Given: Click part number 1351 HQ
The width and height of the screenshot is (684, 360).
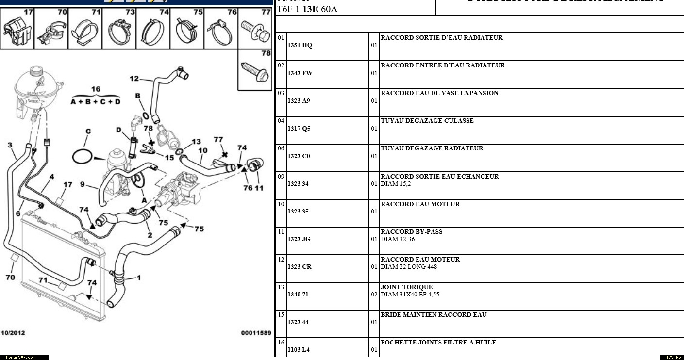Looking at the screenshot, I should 300,45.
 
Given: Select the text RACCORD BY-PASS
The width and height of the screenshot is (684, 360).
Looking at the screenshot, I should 411,232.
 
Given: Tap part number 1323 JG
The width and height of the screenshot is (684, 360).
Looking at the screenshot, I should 299,239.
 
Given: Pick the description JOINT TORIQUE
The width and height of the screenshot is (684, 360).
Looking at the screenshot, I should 406,287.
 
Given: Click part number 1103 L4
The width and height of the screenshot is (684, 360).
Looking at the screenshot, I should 298,350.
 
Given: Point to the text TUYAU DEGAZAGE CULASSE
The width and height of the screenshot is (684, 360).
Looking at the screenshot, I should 427,121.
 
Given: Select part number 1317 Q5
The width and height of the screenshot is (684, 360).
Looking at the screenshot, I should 299,129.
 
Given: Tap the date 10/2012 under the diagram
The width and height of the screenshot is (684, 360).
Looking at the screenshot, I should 13,333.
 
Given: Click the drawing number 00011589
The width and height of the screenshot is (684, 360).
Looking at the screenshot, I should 256,333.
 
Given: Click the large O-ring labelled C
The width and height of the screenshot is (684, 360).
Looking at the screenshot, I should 82,157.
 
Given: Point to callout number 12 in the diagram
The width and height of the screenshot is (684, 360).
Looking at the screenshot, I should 134,79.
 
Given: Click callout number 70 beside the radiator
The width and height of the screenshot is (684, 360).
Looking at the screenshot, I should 10,278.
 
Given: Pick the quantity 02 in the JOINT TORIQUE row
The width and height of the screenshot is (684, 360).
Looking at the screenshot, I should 374,295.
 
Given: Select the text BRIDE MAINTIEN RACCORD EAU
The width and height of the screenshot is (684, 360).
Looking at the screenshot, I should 433,315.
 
